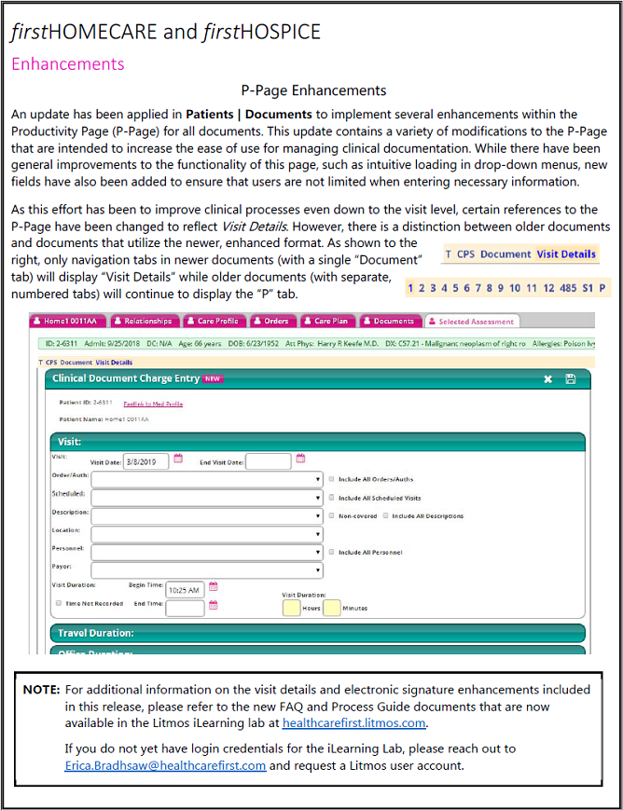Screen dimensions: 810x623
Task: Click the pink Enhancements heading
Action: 67,64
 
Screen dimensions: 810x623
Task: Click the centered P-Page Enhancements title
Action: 313,90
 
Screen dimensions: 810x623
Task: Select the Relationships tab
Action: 145,322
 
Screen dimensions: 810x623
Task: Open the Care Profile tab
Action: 214,322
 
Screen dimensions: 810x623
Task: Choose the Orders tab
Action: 271,322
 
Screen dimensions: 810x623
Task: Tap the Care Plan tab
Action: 326,322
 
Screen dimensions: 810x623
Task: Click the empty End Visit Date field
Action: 269,460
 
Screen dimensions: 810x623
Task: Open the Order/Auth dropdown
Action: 206,479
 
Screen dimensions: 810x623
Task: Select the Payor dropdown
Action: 206,570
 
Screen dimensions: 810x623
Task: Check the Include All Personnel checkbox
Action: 332,553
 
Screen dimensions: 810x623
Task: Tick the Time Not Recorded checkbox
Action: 58,604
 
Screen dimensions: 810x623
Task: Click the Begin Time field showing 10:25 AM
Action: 185,590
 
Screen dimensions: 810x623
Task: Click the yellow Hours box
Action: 291,608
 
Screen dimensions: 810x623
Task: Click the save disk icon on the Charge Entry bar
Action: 570,379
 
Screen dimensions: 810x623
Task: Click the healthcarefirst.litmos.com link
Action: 354,722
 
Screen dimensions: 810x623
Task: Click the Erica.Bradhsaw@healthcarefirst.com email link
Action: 165,765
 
